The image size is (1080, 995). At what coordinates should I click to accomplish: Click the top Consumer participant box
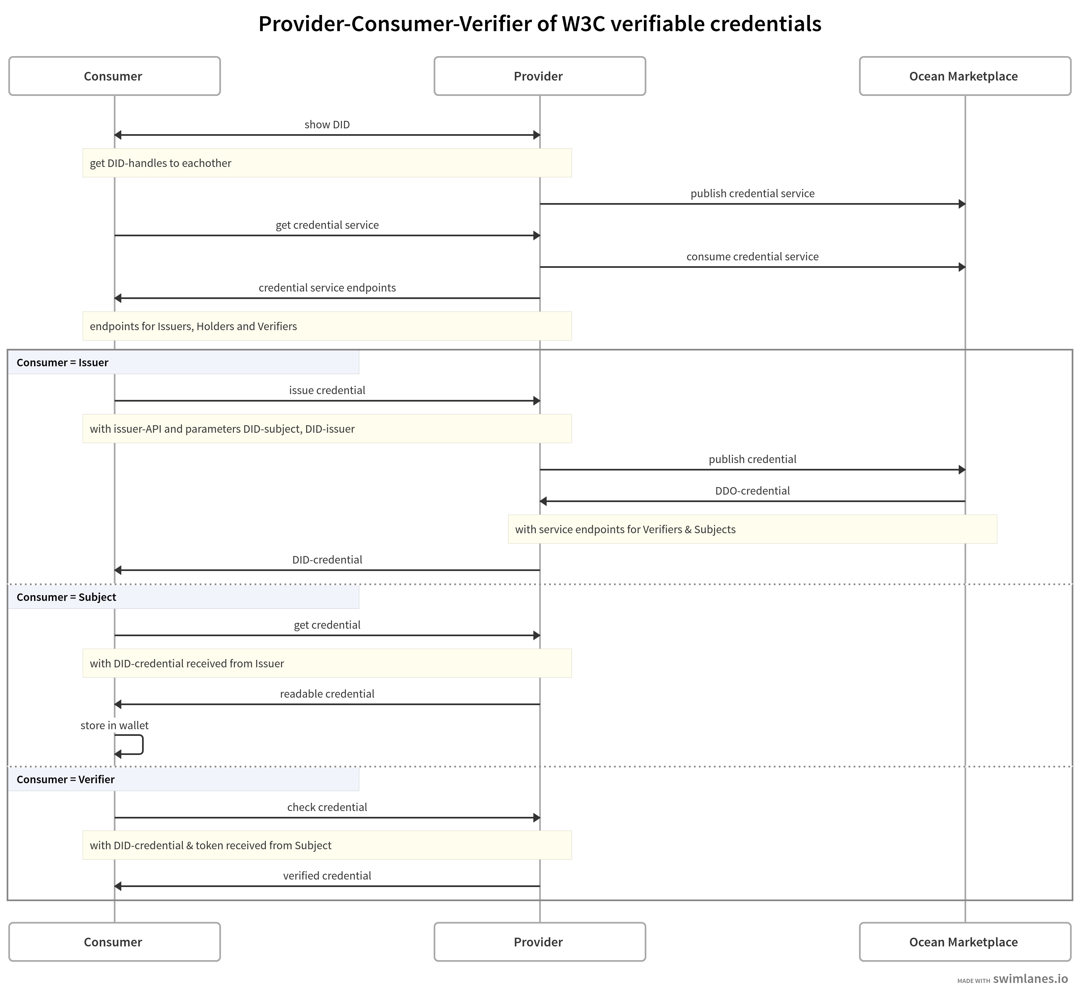[114, 76]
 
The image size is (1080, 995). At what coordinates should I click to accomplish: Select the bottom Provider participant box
[539, 942]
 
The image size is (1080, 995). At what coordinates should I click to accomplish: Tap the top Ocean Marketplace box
[964, 76]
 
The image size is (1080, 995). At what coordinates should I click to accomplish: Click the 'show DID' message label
[327, 125]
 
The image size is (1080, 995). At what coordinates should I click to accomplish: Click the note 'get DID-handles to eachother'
[160, 163]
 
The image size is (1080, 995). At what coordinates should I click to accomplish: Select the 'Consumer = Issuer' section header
[62, 363]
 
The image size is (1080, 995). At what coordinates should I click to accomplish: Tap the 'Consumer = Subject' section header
[66, 597]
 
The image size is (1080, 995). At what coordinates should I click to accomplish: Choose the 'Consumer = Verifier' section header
[66, 779]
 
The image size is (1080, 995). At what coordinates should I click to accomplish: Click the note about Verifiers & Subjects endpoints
[625, 529]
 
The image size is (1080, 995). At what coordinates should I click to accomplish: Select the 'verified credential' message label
[327, 875]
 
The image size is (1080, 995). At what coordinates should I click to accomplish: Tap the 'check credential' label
[327, 807]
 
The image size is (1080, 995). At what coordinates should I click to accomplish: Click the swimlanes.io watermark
[1029, 979]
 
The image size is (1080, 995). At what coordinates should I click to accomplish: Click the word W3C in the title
[585, 24]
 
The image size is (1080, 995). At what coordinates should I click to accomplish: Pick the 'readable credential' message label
[327, 694]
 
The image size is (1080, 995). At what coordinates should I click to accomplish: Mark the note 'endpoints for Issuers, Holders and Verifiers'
[194, 326]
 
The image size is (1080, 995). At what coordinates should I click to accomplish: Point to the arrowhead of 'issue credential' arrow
[537, 401]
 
